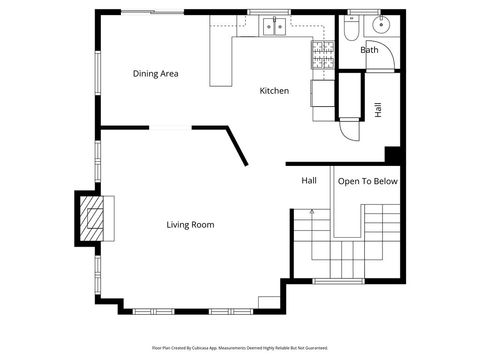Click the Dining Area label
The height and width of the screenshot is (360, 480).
pyautogui.click(x=156, y=73)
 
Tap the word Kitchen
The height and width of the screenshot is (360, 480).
pyautogui.click(x=274, y=91)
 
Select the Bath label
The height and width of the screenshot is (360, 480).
pyautogui.click(x=369, y=50)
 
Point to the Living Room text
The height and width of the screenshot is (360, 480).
pyautogui.click(x=190, y=225)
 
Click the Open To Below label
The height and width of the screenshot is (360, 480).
pyautogui.click(x=367, y=181)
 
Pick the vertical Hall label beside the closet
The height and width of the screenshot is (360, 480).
pyautogui.click(x=378, y=110)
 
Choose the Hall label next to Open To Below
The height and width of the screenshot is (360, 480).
pyautogui.click(x=309, y=181)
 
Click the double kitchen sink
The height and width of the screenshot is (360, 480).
pyautogui.click(x=274, y=28)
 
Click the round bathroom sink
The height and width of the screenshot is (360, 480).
pyautogui.click(x=378, y=25)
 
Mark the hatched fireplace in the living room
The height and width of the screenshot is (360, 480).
pyautogui.click(x=91, y=216)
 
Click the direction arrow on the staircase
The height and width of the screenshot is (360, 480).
pyautogui.click(x=312, y=212)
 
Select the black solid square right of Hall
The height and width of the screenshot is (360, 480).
pyautogui.click(x=393, y=155)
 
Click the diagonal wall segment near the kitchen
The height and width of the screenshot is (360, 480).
pyautogui.click(x=237, y=146)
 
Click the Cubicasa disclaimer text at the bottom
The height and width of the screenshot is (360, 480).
pyautogui.click(x=240, y=348)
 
